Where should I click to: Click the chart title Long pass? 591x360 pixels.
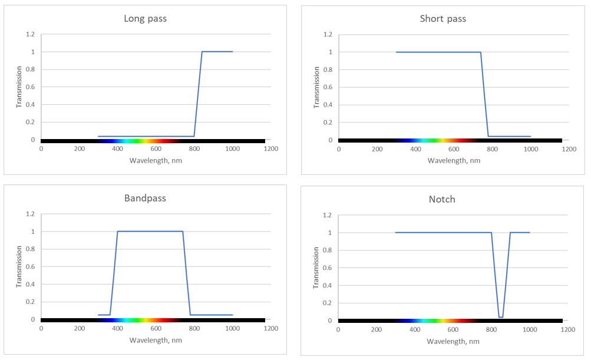pyautogui.click(x=145, y=18)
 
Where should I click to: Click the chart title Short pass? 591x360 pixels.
pyautogui.click(x=443, y=18)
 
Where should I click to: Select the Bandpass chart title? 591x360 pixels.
pyautogui.click(x=145, y=198)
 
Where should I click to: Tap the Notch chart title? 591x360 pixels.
pyautogui.click(x=442, y=199)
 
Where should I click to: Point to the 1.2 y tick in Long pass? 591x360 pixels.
pyautogui.click(x=28, y=34)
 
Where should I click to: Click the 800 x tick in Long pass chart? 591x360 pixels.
pyautogui.click(x=194, y=149)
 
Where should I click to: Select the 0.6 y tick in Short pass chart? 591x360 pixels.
pyautogui.click(x=326, y=87)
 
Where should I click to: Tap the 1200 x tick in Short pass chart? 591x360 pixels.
pyautogui.click(x=569, y=149)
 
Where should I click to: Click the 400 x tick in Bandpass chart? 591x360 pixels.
pyautogui.click(x=117, y=329)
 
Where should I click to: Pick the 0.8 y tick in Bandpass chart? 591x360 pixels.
pyautogui.click(x=28, y=249)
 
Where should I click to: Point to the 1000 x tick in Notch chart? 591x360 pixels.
pyautogui.click(x=529, y=329)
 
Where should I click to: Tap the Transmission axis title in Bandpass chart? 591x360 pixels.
pyautogui.click(x=18, y=267)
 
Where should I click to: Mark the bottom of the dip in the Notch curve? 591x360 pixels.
pyautogui.click(x=500, y=317)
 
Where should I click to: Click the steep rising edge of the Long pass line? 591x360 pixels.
pyautogui.click(x=198, y=94)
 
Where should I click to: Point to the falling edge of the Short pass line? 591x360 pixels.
pyautogui.click(x=484, y=94)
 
